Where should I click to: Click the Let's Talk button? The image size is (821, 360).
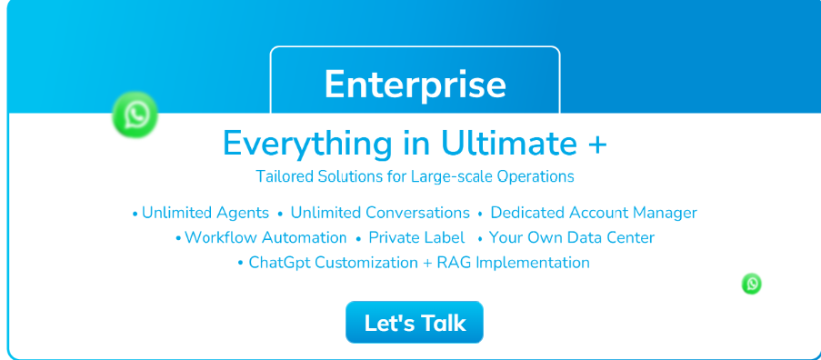(x=415, y=323)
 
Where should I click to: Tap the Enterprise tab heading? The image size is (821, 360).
(x=416, y=84)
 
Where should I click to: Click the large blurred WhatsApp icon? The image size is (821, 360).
(x=135, y=115)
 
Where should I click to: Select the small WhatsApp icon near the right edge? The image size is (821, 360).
(x=752, y=284)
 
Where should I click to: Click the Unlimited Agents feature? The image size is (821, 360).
(x=205, y=213)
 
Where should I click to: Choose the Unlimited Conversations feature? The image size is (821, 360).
(x=380, y=213)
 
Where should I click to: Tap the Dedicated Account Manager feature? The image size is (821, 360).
(x=594, y=213)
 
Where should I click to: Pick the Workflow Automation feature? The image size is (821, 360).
(x=265, y=237)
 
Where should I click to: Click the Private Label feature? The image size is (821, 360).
(x=416, y=237)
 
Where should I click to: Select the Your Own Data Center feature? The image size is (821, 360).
(x=572, y=237)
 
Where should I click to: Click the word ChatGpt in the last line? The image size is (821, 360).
(x=275, y=262)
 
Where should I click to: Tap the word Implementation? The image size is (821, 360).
(x=533, y=263)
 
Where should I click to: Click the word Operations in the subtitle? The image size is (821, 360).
(x=536, y=177)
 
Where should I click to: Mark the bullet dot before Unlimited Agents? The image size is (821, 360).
(x=135, y=214)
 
